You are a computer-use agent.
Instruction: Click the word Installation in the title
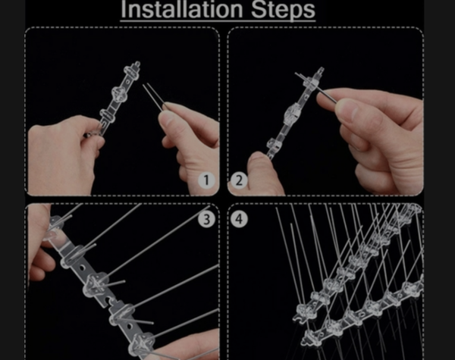tap(182, 9)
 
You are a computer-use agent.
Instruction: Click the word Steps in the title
tap(283, 10)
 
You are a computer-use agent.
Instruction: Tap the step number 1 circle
tap(206, 180)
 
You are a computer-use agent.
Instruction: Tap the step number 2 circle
tap(239, 180)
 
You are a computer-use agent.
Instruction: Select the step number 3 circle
tap(206, 219)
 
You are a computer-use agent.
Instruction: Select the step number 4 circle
tap(239, 219)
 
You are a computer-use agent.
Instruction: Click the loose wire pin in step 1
tap(154, 96)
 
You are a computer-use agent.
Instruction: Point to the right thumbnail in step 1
tap(166, 114)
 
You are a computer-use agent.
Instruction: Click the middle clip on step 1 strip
tap(118, 92)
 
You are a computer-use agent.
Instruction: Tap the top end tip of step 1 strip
tap(137, 64)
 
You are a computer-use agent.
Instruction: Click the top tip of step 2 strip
tap(321, 70)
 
